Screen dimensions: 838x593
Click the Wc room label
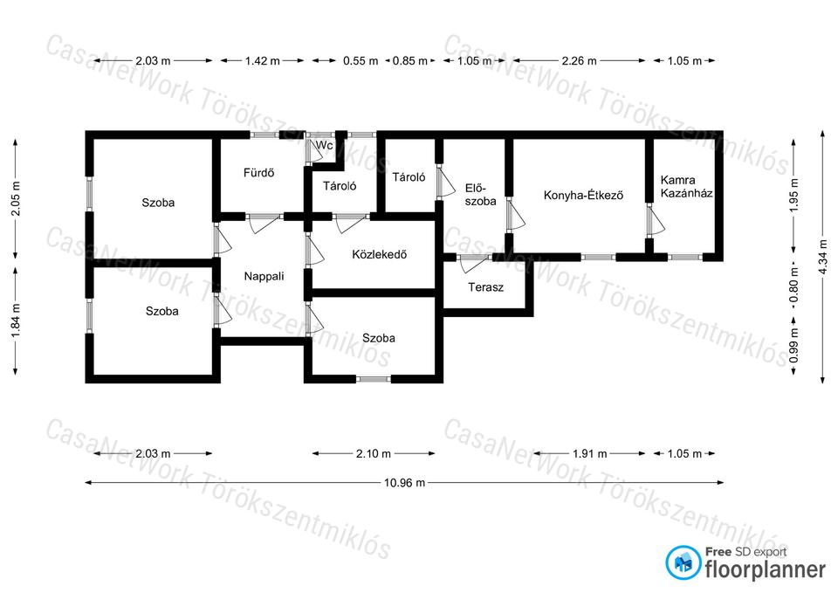click(x=325, y=146)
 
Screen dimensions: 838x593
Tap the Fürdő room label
click(x=258, y=173)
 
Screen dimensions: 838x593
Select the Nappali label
click(x=264, y=277)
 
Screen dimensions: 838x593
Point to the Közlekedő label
click(x=380, y=254)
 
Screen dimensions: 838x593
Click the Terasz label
click(x=486, y=287)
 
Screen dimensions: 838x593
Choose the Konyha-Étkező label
click(x=584, y=195)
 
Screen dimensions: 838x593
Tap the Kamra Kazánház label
click(x=686, y=187)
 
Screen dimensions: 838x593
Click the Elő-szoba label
click(x=480, y=195)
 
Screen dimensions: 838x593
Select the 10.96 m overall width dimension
click(x=404, y=483)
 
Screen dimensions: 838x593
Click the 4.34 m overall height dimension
click(x=823, y=257)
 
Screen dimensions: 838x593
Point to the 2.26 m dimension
click(x=580, y=61)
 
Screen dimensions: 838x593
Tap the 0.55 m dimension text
click(x=361, y=61)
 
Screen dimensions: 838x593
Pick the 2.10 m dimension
click(x=374, y=454)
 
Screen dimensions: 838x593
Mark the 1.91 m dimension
click(x=590, y=454)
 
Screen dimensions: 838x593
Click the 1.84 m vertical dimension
click(x=16, y=321)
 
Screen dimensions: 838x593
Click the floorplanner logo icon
click(x=683, y=562)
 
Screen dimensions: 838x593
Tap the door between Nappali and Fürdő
click(x=264, y=223)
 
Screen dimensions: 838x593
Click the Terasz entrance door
click(x=473, y=264)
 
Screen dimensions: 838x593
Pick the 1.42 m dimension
click(x=263, y=61)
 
